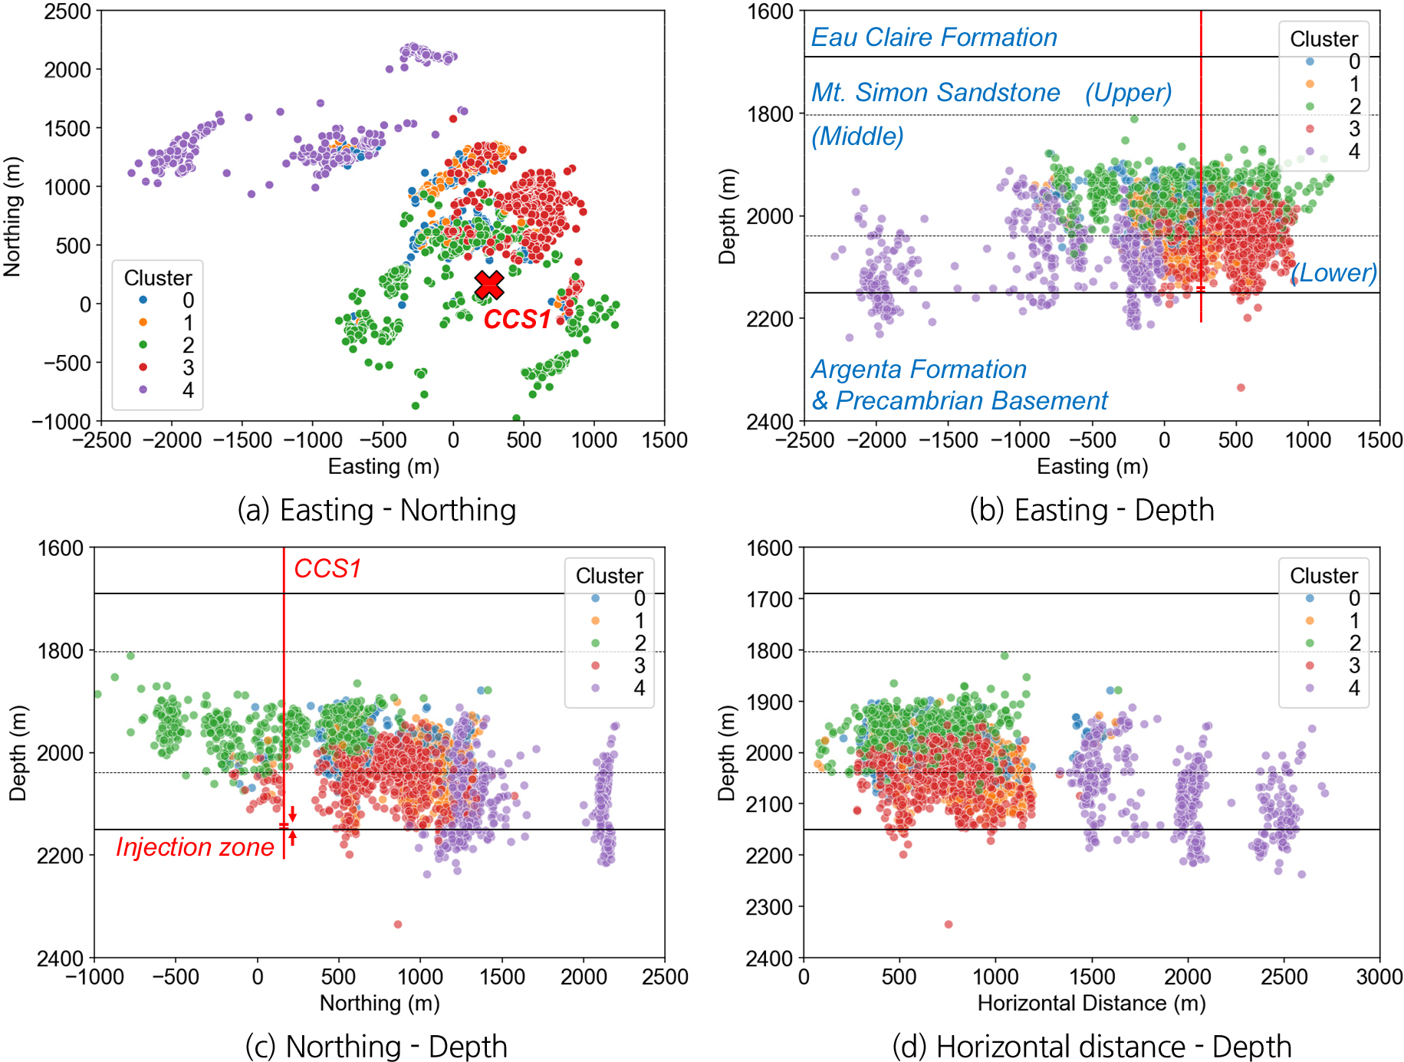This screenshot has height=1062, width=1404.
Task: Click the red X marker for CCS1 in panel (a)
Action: tap(488, 284)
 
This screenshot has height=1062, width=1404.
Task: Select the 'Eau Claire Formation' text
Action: tap(934, 38)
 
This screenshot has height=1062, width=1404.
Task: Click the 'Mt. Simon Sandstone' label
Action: tap(935, 93)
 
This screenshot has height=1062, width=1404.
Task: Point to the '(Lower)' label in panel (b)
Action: tap(1333, 273)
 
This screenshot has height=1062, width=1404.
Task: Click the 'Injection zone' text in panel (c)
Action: tap(195, 847)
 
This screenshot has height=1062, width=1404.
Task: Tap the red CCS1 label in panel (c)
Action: tap(327, 569)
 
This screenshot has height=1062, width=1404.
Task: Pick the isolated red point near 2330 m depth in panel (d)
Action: tap(949, 924)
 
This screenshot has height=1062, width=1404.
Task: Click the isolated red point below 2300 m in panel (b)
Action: tap(1241, 387)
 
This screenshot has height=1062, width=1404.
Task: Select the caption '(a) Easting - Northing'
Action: tap(376, 511)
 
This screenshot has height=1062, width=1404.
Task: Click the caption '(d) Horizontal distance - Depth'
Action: tap(1092, 1047)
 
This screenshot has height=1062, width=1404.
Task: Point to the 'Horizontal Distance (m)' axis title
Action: tap(1091, 1003)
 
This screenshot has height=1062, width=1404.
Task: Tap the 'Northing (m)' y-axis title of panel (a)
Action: tap(12, 217)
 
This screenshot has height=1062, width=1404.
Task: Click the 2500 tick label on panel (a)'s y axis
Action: tap(67, 12)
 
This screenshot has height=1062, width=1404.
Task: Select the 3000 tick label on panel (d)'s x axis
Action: tap(1379, 977)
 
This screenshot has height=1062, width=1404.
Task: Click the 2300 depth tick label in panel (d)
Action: tap(770, 907)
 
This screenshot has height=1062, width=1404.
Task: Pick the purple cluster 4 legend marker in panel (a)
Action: tap(143, 390)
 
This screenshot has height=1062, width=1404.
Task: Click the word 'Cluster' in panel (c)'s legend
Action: tap(610, 576)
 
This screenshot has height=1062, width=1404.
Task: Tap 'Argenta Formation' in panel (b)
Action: tap(919, 370)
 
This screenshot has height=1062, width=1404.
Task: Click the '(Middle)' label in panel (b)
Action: tap(857, 136)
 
